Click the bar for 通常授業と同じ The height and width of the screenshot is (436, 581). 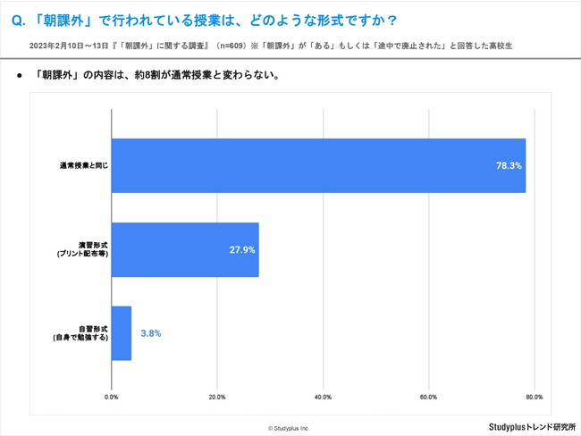point(317,165)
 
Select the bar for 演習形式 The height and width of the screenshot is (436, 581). point(185,250)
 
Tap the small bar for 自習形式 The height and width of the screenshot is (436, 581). point(122,333)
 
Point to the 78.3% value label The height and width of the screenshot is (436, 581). point(509,165)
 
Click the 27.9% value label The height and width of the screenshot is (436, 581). point(241,250)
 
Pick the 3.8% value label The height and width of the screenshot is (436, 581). point(151,333)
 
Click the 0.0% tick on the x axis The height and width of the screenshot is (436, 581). point(112,396)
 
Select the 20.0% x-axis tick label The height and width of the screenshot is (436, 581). point(217,396)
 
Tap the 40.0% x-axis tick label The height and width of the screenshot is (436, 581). point(323,396)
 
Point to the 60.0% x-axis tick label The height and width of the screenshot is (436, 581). point(428,396)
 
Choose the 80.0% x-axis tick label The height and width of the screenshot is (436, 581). point(534,396)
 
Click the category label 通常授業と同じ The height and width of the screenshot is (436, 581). point(84,166)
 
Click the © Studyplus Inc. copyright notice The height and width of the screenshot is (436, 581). point(289,428)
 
